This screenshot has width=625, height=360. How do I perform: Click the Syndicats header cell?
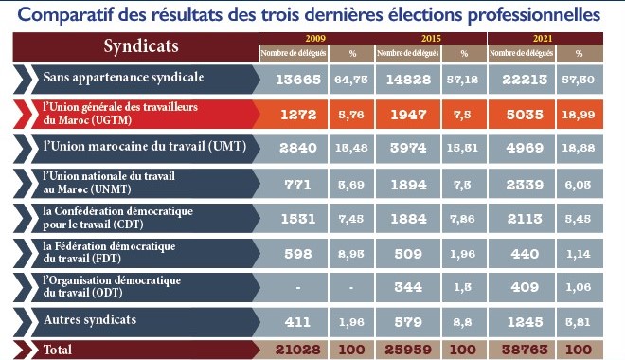tap(133, 46)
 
